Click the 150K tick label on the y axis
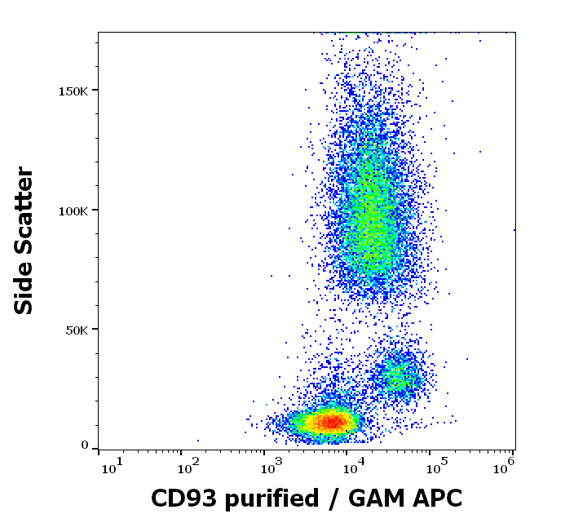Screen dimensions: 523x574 74,91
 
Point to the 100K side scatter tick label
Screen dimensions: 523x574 74,211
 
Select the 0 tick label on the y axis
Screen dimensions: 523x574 84,445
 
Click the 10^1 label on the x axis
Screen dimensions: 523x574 112,467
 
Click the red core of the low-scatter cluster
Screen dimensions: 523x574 331,422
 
